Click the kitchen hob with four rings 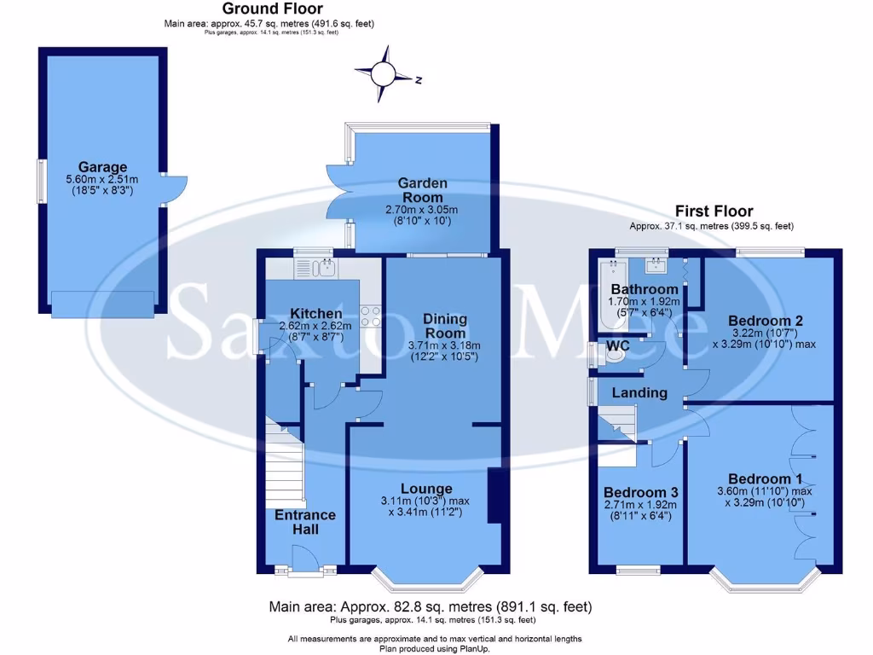click(x=371, y=316)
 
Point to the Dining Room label click(x=445, y=326)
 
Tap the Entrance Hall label click(x=305, y=522)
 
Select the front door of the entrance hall click(x=304, y=563)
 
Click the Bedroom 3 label click(x=640, y=492)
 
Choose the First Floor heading click(x=714, y=211)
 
